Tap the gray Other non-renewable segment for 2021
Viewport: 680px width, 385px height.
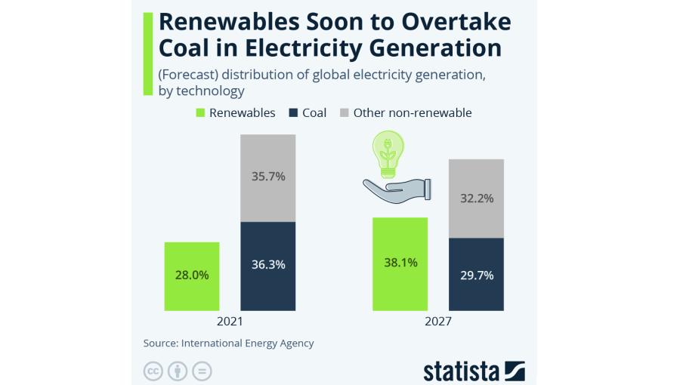pyautogui.click(x=267, y=178)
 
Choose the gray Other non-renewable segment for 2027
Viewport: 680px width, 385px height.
pyautogui.click(x=476, y=199)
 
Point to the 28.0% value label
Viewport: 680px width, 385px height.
pyautogui.click(x=192, y=275)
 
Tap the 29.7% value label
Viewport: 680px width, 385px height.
pyautogui.click(x=476, y=276)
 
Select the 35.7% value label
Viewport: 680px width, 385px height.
pyautogui.click(x=267, y=177)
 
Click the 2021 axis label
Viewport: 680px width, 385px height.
pyautogui.click(x=230, y=322)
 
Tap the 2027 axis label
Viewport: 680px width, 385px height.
pyautogui.click(x=438, y=322)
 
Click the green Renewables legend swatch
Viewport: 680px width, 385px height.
pyautogui.click(x=200, y=113)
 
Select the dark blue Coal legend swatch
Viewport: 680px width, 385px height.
pyautogui.click(x=292, y=113)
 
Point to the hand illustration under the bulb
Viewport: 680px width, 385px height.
pyautogui.click(x=396, y=189)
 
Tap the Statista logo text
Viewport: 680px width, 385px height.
pyautogui.click(x=460, y=371)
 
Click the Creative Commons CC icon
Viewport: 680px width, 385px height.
pyautogui.click(x=153, y=371)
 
